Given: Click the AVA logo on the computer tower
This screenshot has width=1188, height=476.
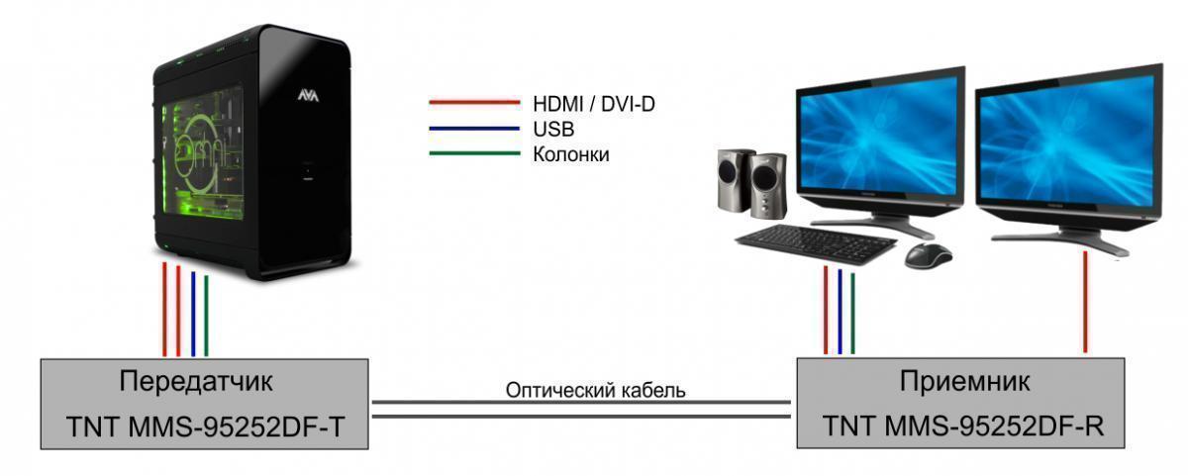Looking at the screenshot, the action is click(308, 96).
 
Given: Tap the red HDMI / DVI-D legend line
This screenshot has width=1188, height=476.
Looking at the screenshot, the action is click(474, 102).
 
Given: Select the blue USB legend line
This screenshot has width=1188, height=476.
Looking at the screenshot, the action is click(474, 129).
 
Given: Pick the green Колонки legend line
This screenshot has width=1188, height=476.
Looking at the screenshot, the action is click(474, 153).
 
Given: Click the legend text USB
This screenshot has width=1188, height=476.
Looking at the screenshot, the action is click(553, 130).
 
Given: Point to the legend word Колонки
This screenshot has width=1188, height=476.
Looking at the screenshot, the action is click(570, 154).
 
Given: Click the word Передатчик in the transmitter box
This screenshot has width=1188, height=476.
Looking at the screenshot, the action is click(196, 382).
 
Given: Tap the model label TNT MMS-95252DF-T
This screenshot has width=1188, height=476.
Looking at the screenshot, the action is click(206, 428).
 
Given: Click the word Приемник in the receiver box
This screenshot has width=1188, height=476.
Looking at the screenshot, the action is click(964, 382).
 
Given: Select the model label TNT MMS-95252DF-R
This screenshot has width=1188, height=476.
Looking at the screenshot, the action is click(963, 427).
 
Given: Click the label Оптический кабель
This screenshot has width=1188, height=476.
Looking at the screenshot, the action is click(595, 391).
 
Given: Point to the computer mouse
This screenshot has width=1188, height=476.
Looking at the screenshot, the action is click(928, 255).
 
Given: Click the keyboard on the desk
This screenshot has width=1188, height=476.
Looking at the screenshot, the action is click(816, 244).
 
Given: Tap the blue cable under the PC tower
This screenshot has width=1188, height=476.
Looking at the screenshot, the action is click(193, 314).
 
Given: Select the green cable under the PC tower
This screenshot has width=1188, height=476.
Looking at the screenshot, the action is click(206, 316).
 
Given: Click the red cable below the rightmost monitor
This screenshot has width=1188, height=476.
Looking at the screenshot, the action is click(1085, 302).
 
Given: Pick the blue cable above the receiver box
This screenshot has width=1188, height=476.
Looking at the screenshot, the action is click(840, 311).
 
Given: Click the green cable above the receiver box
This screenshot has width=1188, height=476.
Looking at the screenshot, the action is click(852, 313).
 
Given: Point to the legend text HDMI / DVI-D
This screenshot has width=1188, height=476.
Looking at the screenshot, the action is click(594, 104).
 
